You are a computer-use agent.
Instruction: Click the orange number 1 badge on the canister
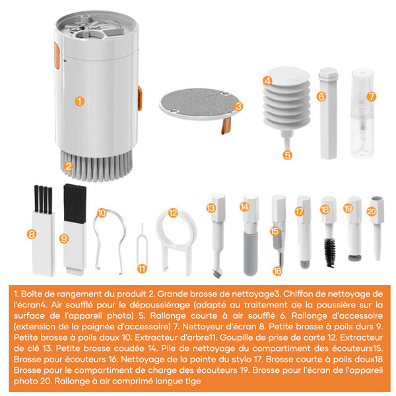click(x=80, y=102)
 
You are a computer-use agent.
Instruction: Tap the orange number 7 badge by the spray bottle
click(x=371, y=96)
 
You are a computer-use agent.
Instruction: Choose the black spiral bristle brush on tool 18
click(x=330, y=253)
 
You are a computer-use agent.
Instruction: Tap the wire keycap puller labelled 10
click(x=110, y=242)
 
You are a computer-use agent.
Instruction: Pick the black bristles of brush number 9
click(x=75, y=203)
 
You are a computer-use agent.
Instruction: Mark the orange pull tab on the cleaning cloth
click(x=226, y=125)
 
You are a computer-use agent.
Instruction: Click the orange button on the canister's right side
click(x=140, y=98)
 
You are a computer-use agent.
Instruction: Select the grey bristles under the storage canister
click(x=96, y=166)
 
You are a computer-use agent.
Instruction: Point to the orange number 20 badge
click(x=371, y=211)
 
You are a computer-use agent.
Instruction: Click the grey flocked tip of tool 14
click(x=251, y=254)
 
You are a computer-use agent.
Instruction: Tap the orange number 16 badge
click(x=277, y=271)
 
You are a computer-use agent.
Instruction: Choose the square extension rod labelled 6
click(x=328, y=114)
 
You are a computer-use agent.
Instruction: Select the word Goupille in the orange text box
click(x=236, y=338)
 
